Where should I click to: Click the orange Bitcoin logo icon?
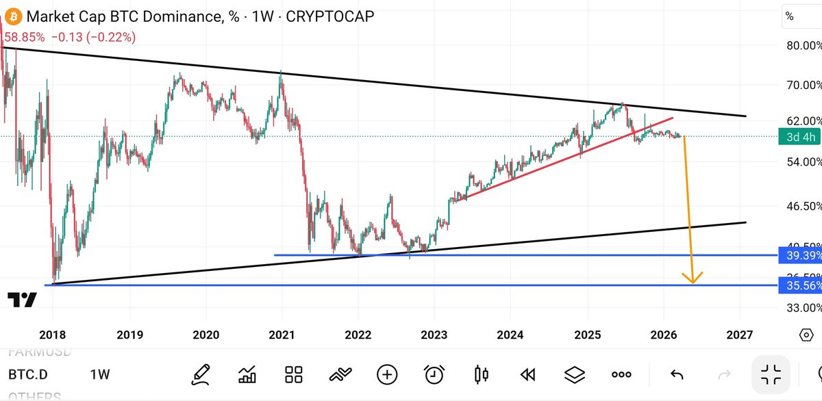12,16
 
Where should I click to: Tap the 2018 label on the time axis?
53,335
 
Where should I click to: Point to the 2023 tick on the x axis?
434,335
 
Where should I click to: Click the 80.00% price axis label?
802,46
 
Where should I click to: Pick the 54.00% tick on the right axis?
802,162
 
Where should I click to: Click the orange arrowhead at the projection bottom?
693,279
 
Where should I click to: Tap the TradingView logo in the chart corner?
22,300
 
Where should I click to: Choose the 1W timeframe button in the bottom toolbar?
100,374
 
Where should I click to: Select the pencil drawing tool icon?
201,374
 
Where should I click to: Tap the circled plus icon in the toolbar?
387,374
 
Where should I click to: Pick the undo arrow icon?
677,374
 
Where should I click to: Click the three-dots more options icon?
621,374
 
